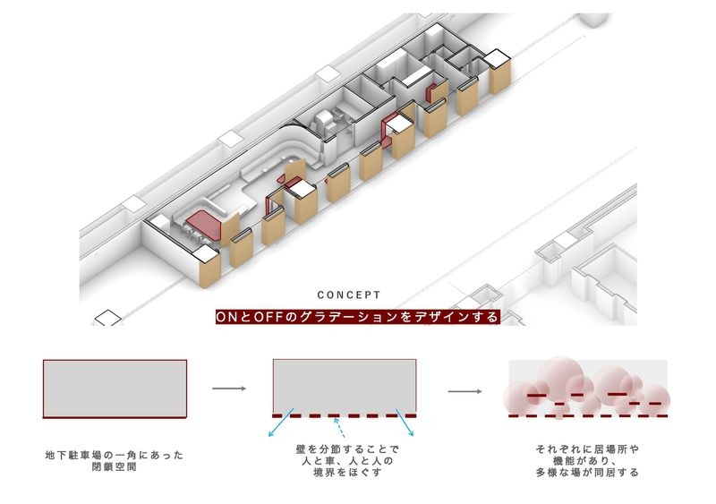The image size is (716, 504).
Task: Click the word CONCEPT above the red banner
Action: point(349,295)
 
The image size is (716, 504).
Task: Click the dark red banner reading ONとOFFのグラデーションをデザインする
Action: point(357,317)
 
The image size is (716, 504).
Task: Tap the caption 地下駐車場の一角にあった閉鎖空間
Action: point(115,461)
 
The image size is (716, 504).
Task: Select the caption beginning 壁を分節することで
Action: point(347,461)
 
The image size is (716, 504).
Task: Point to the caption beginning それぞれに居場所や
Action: point(587,461)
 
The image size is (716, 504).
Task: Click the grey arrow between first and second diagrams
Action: point(229,389)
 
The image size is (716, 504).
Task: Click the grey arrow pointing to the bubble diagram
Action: point(465,391)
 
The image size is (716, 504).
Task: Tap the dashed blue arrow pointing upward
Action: point(339,428)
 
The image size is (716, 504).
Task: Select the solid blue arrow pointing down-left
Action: point(281,423)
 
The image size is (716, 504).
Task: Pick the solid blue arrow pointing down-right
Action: point(405,423)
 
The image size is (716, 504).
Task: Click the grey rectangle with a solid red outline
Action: point(115,389)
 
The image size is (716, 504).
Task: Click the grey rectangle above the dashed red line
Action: point(345,386)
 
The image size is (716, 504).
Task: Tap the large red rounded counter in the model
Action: point(204,225)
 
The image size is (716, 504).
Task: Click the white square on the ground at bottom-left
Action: point(107,318)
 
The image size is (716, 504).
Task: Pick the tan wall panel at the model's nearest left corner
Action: point(210,270)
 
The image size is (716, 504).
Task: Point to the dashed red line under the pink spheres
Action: point(588,415)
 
